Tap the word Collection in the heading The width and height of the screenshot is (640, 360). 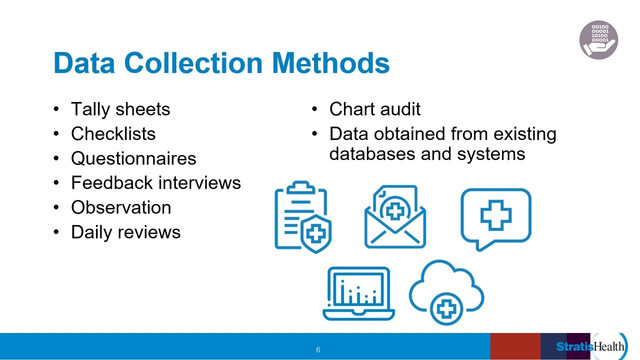(193, 63)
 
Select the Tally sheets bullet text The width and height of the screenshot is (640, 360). (120, 109)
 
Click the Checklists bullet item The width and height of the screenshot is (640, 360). (113, 133)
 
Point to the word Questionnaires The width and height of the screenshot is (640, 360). (133, 158)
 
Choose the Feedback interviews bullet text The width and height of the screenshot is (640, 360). (155, 182)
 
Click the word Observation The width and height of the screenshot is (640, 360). (121, 207)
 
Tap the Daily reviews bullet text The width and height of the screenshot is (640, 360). (125, 231)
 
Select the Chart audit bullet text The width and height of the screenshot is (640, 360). (374, 109)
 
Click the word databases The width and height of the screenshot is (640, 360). (372, 153)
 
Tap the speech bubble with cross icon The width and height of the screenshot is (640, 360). (495, 217)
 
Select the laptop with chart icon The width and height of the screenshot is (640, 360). (358, 293)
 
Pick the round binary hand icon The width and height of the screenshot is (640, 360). (598, 40)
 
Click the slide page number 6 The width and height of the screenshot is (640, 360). (318, 350)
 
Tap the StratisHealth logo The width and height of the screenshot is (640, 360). (590, 346)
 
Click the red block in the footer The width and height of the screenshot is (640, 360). (515, 346)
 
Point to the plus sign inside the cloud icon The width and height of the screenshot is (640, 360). (446, 308)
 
